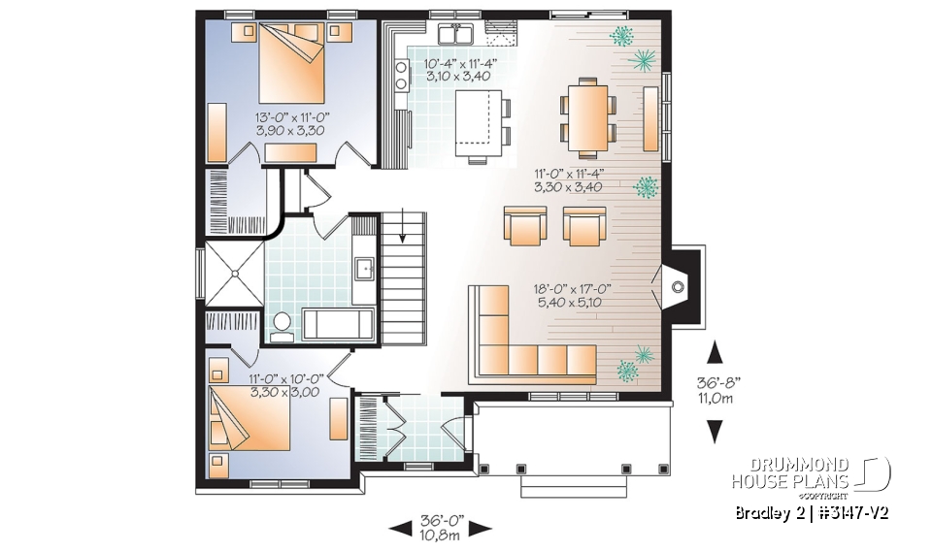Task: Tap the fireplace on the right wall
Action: [680, 282]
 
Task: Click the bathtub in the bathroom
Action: [337, 324]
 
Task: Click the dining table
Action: [587, 116]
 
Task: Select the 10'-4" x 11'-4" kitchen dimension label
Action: [460, 71]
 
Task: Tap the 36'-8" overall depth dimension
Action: [716, 388]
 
